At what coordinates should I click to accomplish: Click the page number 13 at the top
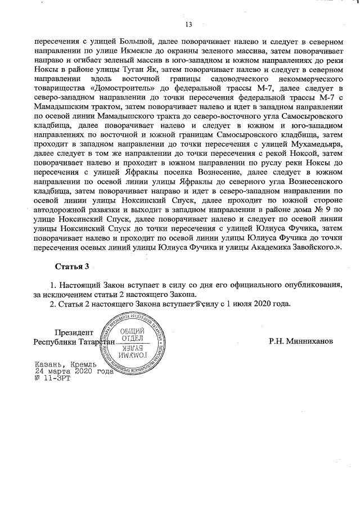click(188, 24)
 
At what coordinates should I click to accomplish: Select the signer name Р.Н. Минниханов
click(301, 341)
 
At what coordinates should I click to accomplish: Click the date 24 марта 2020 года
click(73, 371)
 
